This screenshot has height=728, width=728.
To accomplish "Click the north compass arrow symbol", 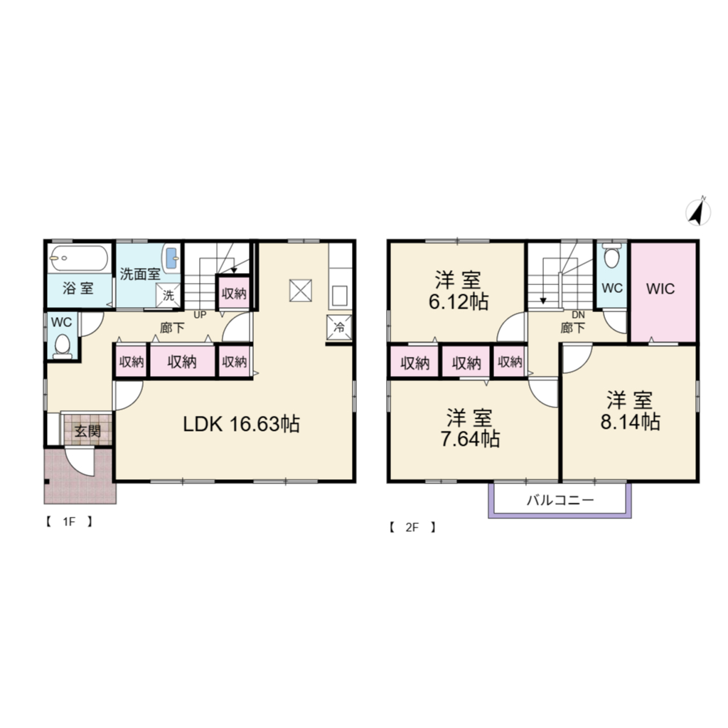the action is tap(698, 212).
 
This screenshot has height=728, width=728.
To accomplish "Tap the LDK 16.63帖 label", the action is tap(242, 424).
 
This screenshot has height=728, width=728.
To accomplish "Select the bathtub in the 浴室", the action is tap(80, 257).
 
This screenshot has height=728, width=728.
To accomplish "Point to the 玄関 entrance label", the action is tap(87, 431).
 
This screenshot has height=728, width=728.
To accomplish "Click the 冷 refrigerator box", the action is tap(339, 327).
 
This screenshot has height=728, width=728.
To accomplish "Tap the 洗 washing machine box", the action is tap(168, 295).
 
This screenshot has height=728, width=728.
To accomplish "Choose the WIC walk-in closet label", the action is tap(660, 289).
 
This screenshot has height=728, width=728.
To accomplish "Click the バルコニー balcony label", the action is tap(560, 500).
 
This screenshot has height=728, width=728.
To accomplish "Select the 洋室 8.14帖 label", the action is tap(630, 410).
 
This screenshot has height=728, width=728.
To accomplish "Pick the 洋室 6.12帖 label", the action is tap(459, 291).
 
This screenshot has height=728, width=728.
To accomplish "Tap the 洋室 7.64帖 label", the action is tap(470, 427).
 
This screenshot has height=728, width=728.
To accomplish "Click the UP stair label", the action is tap(200, 315).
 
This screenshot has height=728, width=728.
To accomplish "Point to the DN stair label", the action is tap(578, 315).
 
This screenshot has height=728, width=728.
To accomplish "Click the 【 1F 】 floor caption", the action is tap(69, 521).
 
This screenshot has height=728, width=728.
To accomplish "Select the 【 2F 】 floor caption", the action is tap(412, 528).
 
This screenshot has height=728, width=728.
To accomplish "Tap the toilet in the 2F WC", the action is tap(611, 257).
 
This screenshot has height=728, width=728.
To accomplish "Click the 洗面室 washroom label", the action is tap(140, 274).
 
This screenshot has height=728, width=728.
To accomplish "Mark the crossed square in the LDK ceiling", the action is tap(301, 291).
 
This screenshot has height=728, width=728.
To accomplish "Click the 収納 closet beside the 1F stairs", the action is tap(234, 293).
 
